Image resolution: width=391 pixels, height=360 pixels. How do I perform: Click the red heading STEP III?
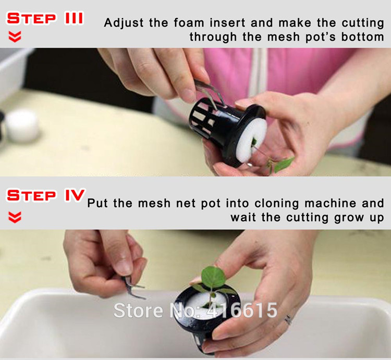45,18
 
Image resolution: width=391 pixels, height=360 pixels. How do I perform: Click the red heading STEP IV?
46,195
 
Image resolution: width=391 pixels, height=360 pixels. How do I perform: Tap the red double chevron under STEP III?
15,36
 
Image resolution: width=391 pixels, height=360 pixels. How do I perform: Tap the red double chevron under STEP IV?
15,217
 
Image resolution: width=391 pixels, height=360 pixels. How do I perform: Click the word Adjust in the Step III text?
124,23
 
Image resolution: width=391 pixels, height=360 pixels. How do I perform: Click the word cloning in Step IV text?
276,204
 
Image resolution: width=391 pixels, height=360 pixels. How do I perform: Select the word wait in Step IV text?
243,217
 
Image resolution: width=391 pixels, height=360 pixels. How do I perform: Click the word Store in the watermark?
138,310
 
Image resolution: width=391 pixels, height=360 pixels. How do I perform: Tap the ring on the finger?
288,319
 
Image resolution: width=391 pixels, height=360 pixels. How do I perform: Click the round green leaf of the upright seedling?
213,277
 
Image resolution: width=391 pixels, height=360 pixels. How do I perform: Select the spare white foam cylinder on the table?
22,125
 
